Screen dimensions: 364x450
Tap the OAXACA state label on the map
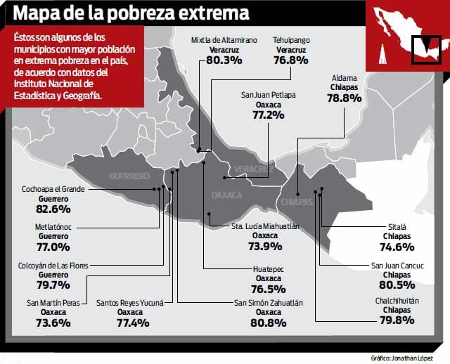tap(226, 194)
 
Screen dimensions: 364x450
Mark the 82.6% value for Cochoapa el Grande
tap(53, 209)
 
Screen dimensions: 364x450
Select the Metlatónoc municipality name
tap(53, 228)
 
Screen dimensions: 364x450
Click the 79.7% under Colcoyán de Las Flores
tap(53, 285)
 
